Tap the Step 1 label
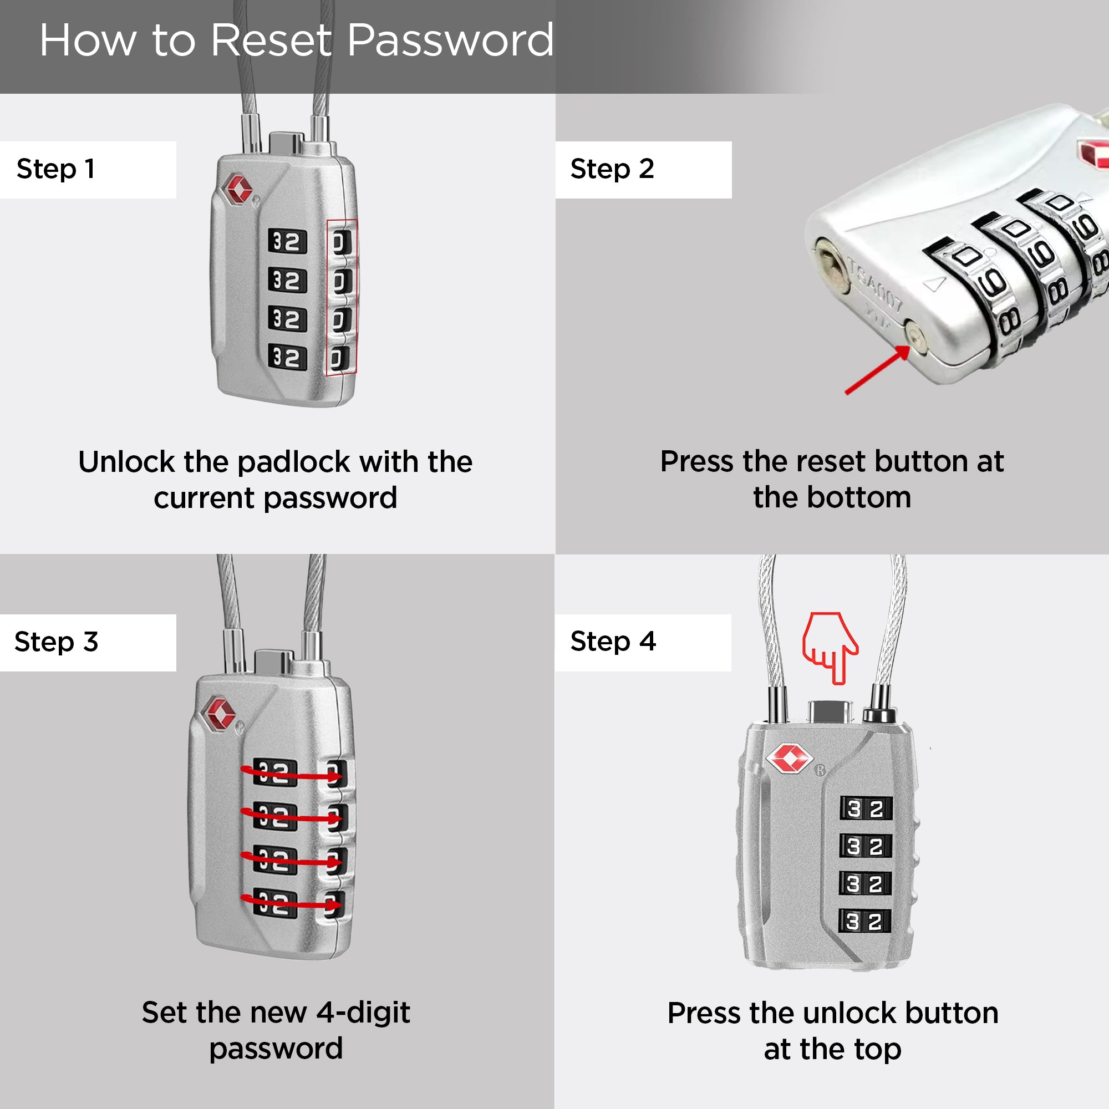(x=55, y=169)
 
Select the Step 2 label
(x=612, y=169)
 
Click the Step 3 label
(x=56, y=642)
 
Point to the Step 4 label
(x=613, y=641)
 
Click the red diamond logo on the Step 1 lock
(x=238, y=189)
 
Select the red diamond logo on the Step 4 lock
(x=789, y=758)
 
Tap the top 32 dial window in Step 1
(x=287, y=242)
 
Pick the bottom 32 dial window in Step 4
(x=865, y=921)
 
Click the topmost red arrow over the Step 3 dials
(x=292, y=774)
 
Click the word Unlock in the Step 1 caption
(x=126, y=462)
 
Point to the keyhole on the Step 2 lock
(x=832, y=267)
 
